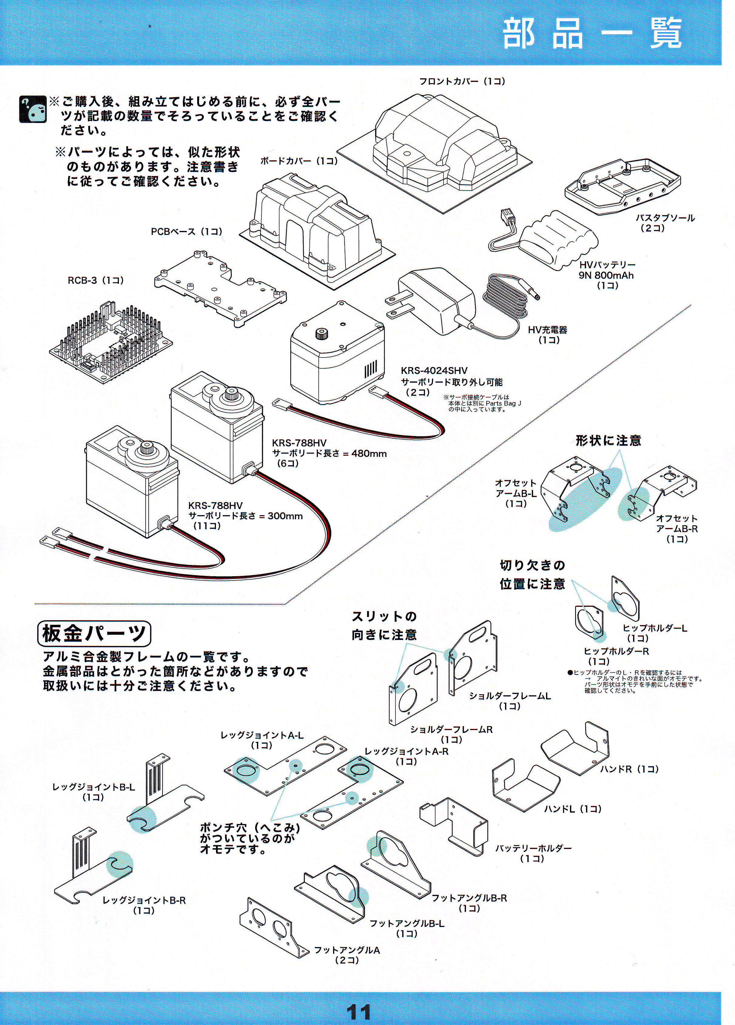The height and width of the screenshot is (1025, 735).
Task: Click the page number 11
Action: click(359, 1011)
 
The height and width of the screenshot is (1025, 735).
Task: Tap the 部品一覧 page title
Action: click(592, 34)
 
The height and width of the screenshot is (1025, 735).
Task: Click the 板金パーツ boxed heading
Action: click(94, 633)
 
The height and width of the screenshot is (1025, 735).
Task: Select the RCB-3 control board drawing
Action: click(111, 341)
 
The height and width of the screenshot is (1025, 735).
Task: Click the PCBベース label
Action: click(186, 232)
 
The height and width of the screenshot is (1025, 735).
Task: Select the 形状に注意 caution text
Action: click(608, 441)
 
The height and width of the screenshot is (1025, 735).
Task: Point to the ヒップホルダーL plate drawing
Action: click(626, 599)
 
